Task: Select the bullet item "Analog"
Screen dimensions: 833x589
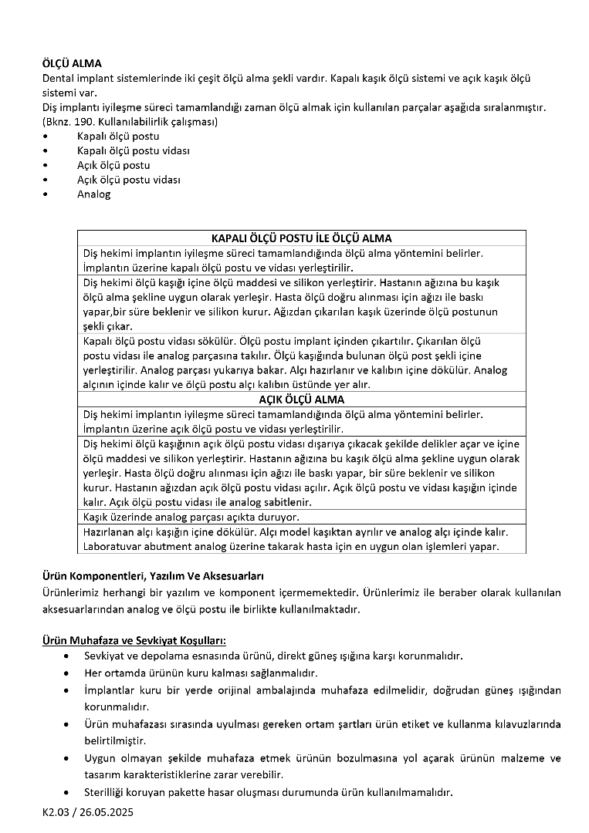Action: pyautogui.click(x=93, y=194)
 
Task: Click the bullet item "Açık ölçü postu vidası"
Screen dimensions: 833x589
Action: pyautogui.click(x=128, y=180)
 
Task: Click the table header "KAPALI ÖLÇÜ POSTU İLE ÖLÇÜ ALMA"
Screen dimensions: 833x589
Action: pyautogui.click(x=301, y=238)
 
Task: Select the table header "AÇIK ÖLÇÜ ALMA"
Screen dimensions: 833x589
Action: pyautogui.click(x=301, y=400)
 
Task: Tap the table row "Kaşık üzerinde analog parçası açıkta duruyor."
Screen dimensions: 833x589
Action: pyautogui.click(x=191, y=517)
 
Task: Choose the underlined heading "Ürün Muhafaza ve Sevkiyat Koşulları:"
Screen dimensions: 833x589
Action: pyautogui.click(x=133, y=640)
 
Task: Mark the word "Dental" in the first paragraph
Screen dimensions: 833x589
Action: pyautogui.click(x=58, y=78)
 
